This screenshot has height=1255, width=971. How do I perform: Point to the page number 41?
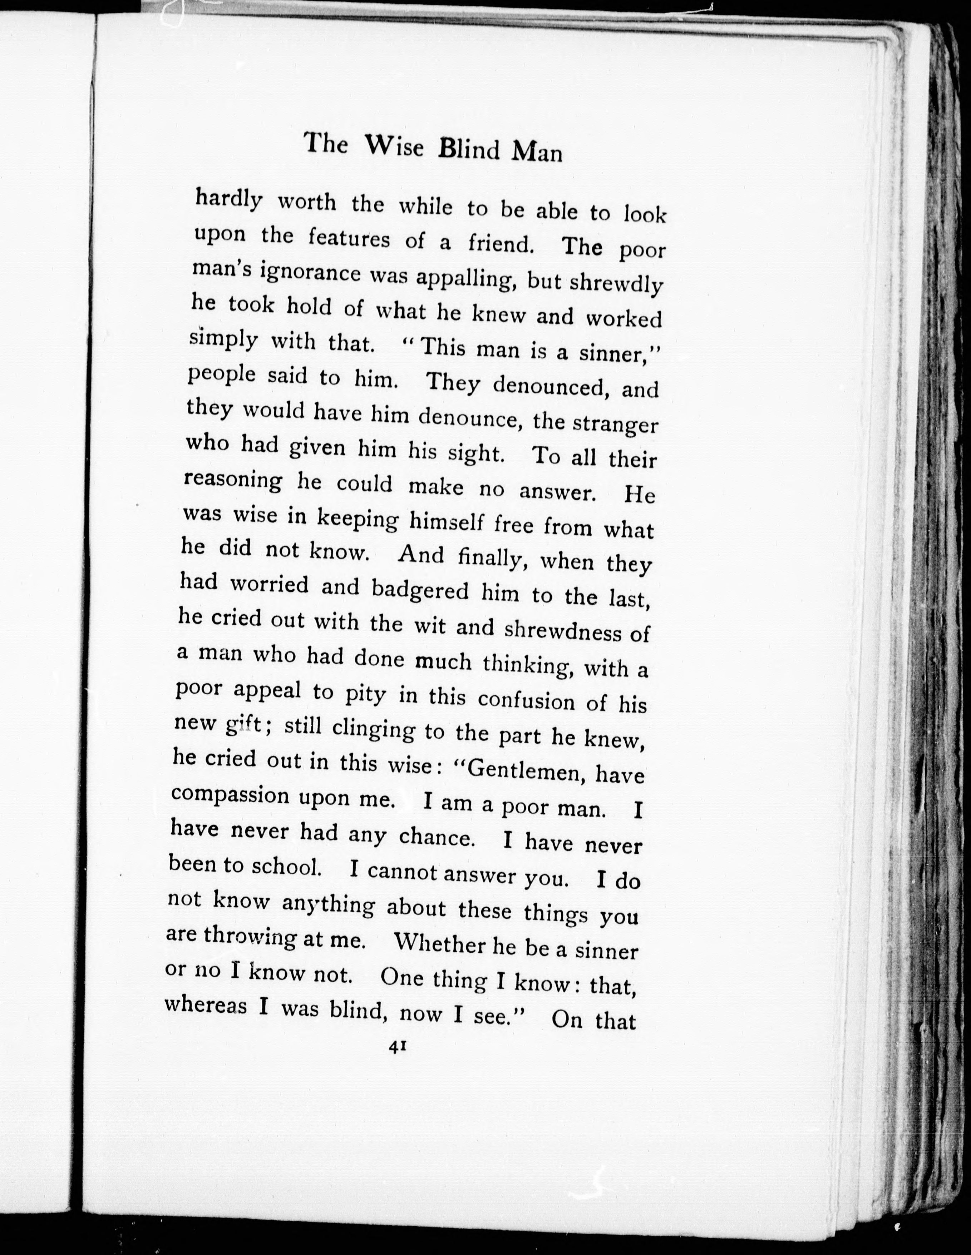(x=398, y=1047)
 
